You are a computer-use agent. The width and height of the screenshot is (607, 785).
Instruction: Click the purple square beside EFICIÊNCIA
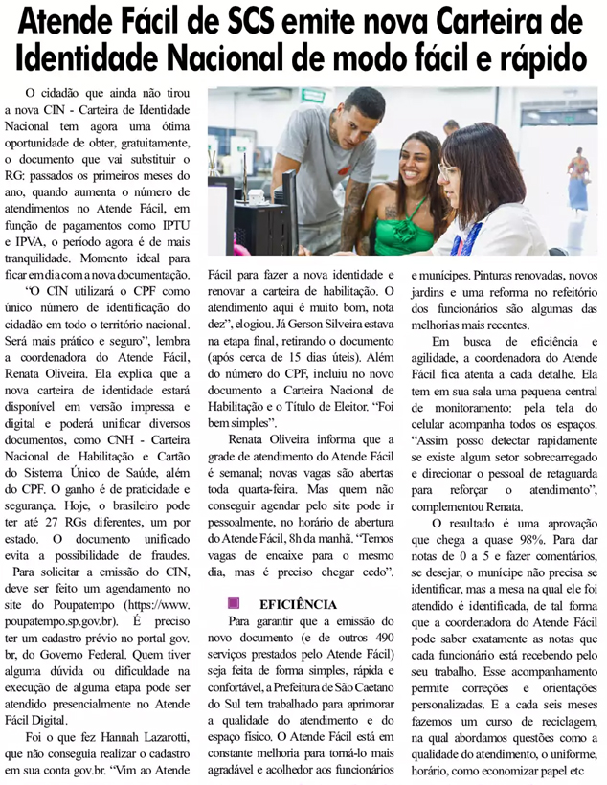click(x=233, y=604)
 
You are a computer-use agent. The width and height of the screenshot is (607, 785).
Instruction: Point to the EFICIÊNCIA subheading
click(x=298, y=605)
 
